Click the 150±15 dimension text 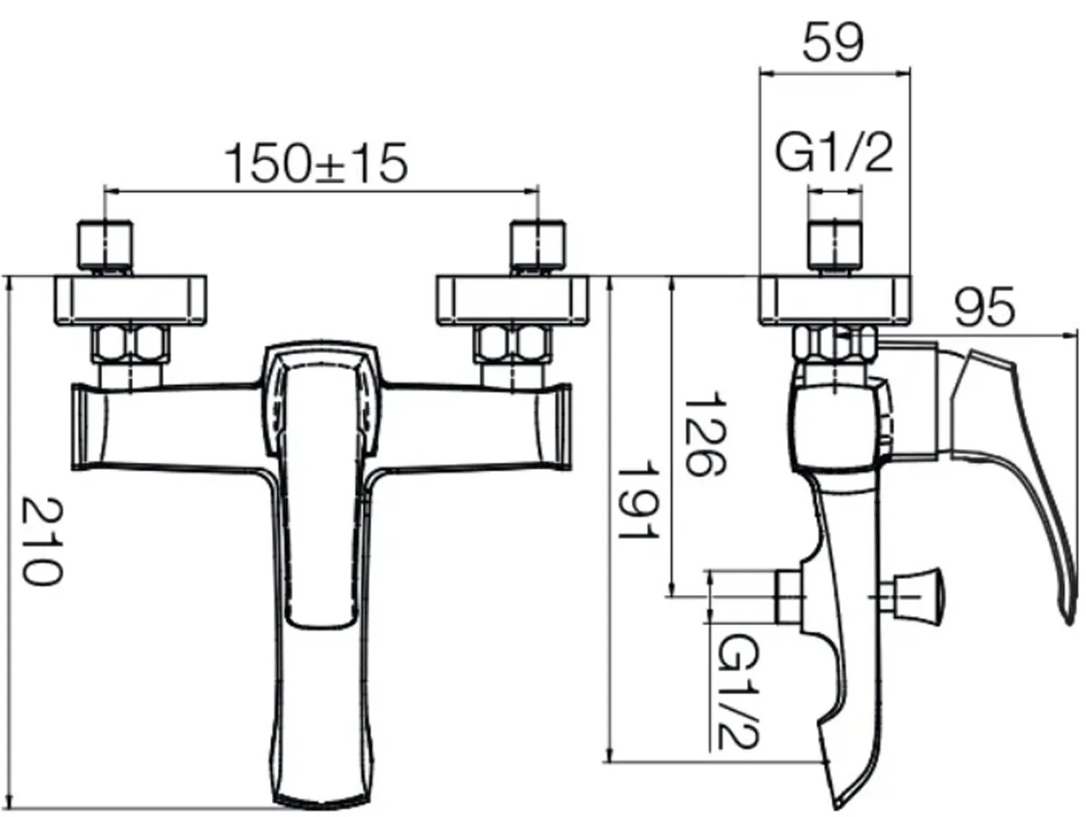click(317, 163)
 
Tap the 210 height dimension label click(43, 541)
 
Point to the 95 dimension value click(985, 308)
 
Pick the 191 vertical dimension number click(639, 501)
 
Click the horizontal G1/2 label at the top click(834, 154)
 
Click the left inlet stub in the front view click(106, 246)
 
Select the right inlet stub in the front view click(538, 246)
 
